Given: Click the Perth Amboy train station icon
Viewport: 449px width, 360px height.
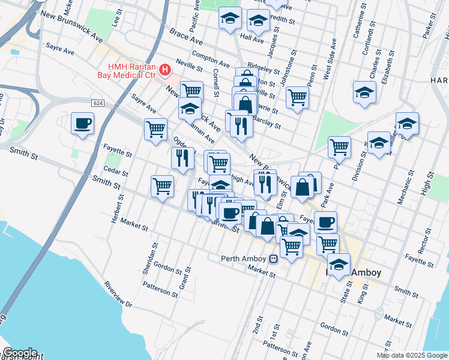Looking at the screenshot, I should coord(273,259).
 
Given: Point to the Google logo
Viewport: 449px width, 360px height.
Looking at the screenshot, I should coord(20,353).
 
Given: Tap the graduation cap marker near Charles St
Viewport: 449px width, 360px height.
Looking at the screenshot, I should coord(364,92).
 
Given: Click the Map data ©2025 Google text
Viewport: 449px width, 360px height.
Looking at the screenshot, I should coord(412,355).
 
